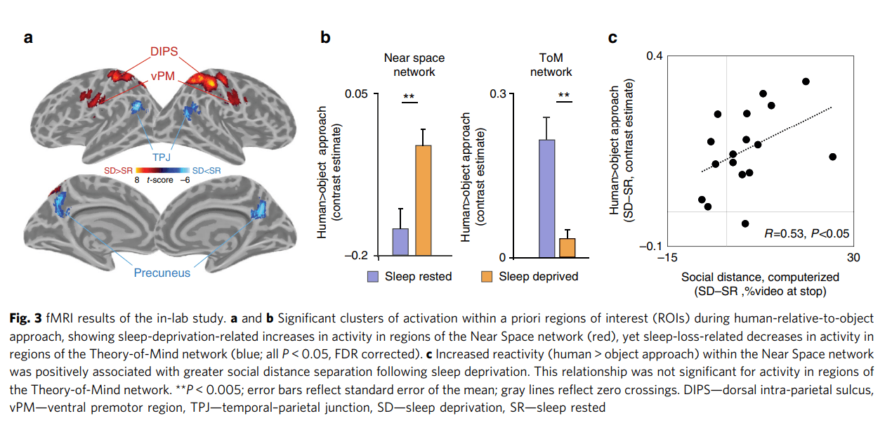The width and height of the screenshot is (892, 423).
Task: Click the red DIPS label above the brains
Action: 164,51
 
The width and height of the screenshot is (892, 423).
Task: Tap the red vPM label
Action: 163,76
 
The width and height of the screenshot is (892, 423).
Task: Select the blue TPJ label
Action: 162,157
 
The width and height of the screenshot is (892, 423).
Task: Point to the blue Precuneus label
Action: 162,273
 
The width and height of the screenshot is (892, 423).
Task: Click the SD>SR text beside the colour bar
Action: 118,171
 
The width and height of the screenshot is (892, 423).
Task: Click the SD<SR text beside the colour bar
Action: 206,171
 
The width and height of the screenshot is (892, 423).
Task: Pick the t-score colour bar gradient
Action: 162,171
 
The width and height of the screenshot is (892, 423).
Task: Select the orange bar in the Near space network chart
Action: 424,200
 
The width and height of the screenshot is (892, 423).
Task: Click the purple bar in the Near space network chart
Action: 400,242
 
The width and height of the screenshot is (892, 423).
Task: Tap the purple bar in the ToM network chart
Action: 546,199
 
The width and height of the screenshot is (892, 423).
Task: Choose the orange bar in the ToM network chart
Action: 568,248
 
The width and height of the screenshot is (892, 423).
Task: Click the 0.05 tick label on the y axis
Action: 356,94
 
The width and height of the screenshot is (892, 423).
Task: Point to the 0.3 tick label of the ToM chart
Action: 498,94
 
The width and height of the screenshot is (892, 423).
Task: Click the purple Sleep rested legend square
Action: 373,276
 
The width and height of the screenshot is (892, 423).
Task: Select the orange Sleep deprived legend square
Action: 487,276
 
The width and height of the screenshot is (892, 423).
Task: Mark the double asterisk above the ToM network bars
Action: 564,95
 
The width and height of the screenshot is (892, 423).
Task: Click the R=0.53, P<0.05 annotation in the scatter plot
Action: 807,233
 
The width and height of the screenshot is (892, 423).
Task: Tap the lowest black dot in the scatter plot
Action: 745,223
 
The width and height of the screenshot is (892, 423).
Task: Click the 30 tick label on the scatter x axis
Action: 853,258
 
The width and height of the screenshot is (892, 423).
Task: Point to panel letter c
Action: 612,38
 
